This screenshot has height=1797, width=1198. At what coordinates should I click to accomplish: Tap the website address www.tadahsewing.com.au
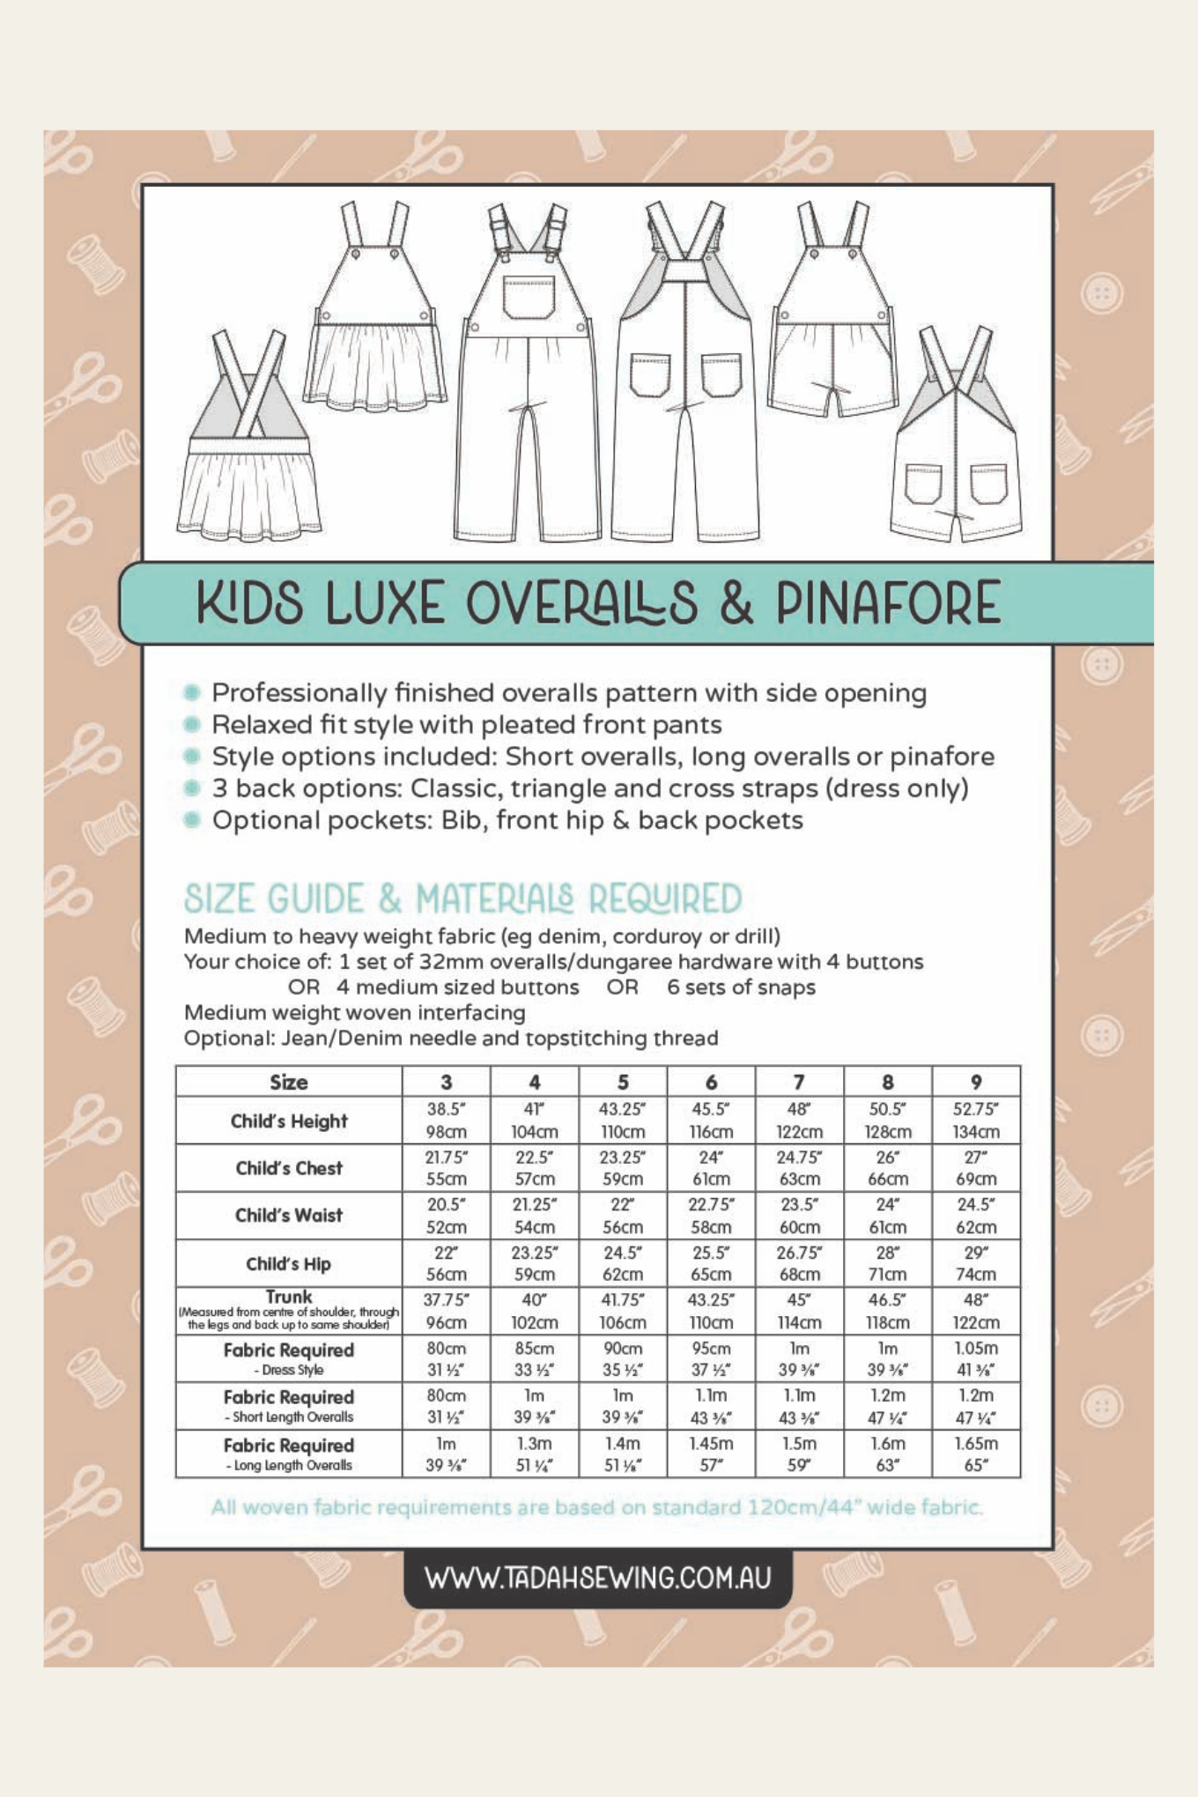click(597, 1577)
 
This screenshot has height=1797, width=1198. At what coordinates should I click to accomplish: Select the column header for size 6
click(711, 1082)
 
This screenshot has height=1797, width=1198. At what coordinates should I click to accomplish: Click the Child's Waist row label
click(288, 1216)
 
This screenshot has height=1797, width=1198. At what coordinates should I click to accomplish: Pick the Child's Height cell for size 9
click(975, 1120)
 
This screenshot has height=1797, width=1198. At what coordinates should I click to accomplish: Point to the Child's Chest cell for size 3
click(446, 1168)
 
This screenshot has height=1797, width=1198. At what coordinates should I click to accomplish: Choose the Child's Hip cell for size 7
click(799, 1263)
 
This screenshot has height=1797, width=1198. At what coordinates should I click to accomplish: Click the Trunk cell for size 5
click(623, 1311)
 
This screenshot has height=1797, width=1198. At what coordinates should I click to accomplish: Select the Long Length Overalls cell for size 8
click(887, 1453)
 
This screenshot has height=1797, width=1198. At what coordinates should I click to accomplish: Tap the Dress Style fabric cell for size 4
click(534, 1358)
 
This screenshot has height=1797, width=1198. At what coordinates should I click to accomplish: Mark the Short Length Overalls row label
click(288, 1406)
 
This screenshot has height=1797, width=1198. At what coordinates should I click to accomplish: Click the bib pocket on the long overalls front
click(529, 297)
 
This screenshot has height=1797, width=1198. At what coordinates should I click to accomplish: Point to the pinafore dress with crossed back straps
click(249, 440)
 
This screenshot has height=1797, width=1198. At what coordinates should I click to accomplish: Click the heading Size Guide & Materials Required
click(462, 899)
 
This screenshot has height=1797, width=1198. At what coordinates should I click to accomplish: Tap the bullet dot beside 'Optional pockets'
click(191, 820)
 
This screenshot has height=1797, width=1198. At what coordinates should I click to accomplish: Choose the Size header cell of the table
click(288, 1082)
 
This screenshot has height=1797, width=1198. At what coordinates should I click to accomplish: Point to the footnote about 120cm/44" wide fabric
click(597, 1507)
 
